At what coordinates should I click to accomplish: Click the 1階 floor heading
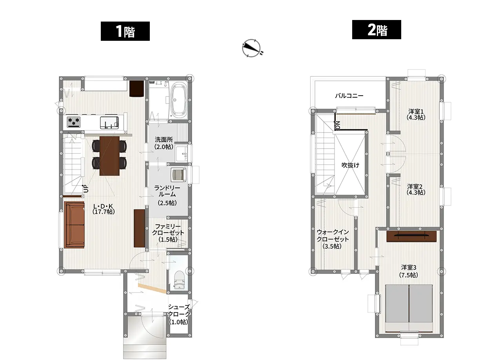pos(125,31)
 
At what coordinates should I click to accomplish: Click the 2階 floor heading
pos(376,29)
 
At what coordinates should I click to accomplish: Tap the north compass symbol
pos(252,48)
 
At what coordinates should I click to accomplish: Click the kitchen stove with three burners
pos(73,122)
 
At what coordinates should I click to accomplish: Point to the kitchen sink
pos(109,122)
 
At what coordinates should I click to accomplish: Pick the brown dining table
pos(109,156)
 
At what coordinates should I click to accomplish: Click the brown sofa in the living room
pos(74,225)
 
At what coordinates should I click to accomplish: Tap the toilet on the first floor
pos(179,280)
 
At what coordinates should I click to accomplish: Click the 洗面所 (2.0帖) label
pos(164,143)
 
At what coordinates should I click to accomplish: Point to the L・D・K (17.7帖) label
pos(103,209)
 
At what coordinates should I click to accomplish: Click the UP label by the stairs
pos(85,189)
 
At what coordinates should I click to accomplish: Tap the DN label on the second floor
pos(338,125)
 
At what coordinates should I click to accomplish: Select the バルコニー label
pos(349,96)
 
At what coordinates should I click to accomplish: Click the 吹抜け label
pos(350,165)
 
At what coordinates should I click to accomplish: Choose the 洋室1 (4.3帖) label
pos(416,115)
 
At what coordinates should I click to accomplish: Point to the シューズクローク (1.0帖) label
pos(179,314)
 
